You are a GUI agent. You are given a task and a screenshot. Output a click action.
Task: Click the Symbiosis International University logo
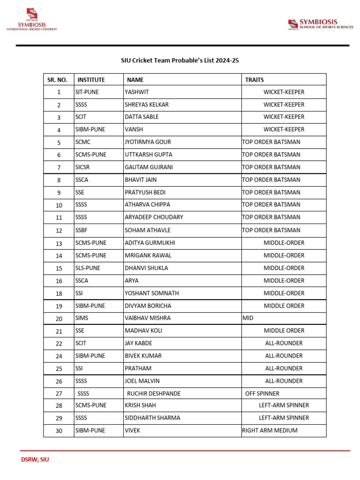click(31, 20)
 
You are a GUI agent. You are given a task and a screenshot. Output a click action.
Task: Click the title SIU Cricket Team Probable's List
click(180, 60)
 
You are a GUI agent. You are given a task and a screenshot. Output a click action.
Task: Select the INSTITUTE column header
click(91, 80)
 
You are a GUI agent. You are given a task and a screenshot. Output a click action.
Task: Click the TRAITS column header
click(255, 80)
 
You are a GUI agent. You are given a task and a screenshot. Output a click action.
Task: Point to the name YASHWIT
click(136, 92)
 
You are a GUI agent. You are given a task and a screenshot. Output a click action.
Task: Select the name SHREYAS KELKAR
click(146, 105)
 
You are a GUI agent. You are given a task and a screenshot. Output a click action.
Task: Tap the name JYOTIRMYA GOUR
click(148, 142)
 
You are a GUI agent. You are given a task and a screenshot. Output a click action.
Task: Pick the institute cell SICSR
click(82, 167)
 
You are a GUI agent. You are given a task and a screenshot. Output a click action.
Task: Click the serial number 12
click(59, 231)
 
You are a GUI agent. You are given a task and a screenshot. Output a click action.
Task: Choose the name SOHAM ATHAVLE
click(147, 230)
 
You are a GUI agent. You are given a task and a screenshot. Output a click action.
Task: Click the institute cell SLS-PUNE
click(87, 268)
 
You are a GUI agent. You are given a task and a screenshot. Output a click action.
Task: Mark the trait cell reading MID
click(247, 318)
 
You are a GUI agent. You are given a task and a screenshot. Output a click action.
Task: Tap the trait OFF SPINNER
click(262, 393)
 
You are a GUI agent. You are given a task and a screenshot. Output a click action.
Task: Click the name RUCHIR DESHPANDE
click(154, 393)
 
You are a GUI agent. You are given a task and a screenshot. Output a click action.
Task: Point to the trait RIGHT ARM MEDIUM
click(270, 430)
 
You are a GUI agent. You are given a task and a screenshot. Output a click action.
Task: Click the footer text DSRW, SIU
click(35, 460)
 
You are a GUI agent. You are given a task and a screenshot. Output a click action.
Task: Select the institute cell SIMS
click(82, 318)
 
